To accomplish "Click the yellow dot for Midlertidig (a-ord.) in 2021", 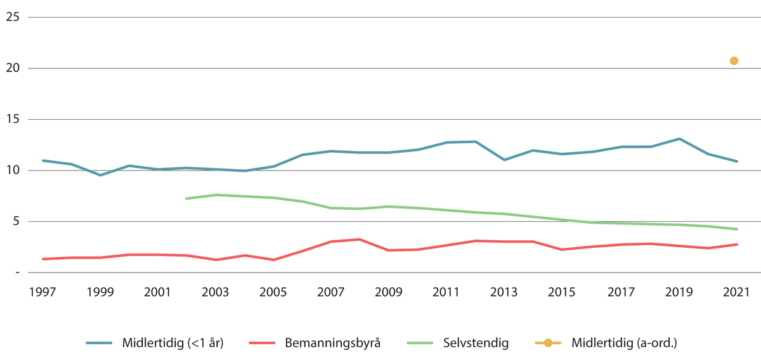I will pos(734,61).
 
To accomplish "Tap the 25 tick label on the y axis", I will pos(12,17).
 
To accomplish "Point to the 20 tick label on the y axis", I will pos(12,68).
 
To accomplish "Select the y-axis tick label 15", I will pos(12,119).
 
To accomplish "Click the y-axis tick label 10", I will pos(12,170).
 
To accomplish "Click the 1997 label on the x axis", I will pos(42,292).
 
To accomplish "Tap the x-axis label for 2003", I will pos(215,292).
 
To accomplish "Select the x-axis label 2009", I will pos(388,292).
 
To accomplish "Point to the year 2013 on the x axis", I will pos(504,292).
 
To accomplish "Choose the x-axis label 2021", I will pos(734,292).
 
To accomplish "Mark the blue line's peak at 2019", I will pos(679,139).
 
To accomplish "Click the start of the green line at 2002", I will pos(186,198).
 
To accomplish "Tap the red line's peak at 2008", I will pos(360,240).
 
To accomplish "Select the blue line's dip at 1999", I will pos(100,175).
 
